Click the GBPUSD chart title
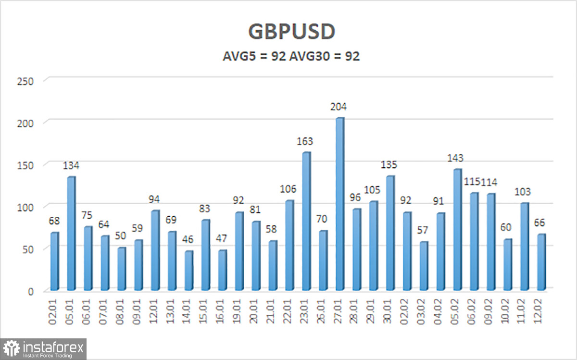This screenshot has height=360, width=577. tap(291, 31)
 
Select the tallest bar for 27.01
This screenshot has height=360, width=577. tap(339, 204)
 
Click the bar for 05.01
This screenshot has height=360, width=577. tap(72, 234)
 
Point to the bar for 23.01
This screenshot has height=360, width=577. tap(306, 221)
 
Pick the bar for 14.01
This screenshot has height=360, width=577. tap(188, 271)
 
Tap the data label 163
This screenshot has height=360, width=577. tap(305, 141)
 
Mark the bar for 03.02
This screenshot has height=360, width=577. tap(423, 266)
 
